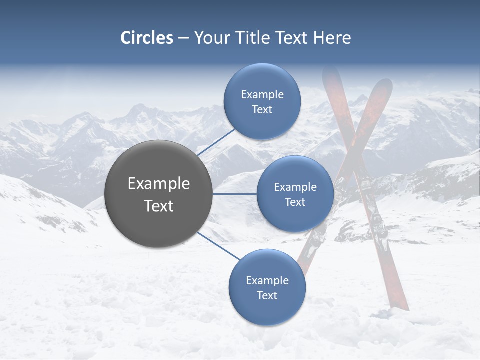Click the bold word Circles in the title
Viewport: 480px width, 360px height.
(x=147, y=38)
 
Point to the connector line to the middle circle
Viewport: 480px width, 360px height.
(x=235, y=194)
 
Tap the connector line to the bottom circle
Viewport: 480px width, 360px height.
(x=219, y=246)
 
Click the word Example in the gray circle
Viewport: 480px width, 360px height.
(x=159, y=184)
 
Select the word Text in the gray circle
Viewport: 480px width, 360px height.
(x=159, y=206)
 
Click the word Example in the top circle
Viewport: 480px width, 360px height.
(x=262, y=94)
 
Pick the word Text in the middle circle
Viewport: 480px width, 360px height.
(x=295, y=202)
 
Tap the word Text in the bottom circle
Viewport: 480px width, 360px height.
(x=267, y=296)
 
